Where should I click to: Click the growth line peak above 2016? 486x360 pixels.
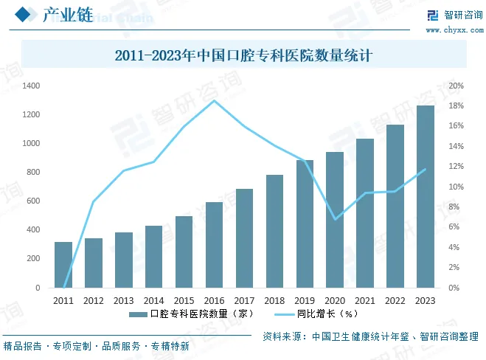pyautogui.click(x=214, y=100)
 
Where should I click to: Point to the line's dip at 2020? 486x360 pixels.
pyautogui.click(x=335, y=219)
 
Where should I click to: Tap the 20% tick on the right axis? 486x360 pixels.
pyautogui.click(x=457, y=86)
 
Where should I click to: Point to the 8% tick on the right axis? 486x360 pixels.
pyautogui.click(x=455, y=207)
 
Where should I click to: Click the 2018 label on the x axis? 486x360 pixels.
pyautogui.click(x=274, y=301)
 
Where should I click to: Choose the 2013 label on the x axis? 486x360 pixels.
pyautogui.click(x=124, y=301)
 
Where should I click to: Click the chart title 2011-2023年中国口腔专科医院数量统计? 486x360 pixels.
pyautogui.click(x=243, y=55)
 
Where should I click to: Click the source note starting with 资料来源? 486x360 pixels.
pyautogui.click(x=370, y=336)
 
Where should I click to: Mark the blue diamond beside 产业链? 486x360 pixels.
pyautogui.click(x=24, y=15)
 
